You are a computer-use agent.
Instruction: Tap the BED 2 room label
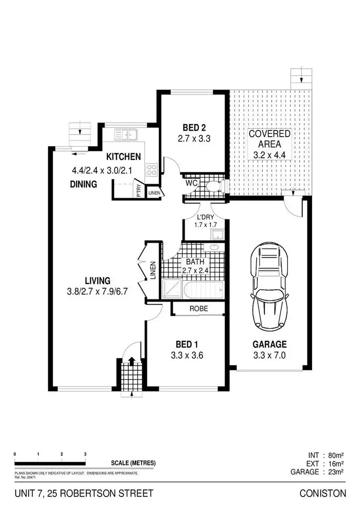tap(194, 128)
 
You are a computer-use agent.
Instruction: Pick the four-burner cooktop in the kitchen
tap(152, 169)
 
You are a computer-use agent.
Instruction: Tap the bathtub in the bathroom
tap(202, 288)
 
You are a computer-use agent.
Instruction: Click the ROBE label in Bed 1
tap(198, 309)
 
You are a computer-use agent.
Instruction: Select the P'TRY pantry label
tap(139, 191)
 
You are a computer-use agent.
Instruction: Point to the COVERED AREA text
tap(269, 139)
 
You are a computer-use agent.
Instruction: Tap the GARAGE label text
tap(269, 344)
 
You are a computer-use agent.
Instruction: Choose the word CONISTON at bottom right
tap(323, 493)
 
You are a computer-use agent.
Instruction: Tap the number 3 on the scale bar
tap(85, 454)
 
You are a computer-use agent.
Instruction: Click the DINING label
tap(84, 184)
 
